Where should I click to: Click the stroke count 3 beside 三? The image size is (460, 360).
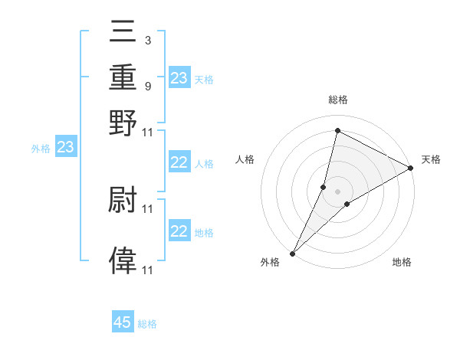tap(147, 39)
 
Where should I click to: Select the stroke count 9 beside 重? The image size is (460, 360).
tap(147, 86)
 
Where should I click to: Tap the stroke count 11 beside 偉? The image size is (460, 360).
tap(148, 270)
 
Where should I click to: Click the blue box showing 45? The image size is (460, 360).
tap(123, 322)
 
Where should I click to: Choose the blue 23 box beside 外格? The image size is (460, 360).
tap(65, 147)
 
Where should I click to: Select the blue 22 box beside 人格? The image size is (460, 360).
tap(179, 162)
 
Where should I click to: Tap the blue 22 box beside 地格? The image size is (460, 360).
tap(179, 231)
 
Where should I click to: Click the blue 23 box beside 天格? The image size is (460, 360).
tap(179, 78)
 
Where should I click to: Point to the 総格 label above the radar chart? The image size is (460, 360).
tap(337, 100)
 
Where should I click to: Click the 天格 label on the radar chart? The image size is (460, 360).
tap(431, 159)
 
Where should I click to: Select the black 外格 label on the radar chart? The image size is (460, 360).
tap(270, 263)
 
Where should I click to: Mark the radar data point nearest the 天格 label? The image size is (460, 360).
tap(411, 169)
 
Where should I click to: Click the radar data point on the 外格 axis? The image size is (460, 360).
tap(293, 253)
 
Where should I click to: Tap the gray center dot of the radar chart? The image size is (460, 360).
tap(337, 191)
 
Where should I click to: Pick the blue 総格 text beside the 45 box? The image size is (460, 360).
tap(147, 324)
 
